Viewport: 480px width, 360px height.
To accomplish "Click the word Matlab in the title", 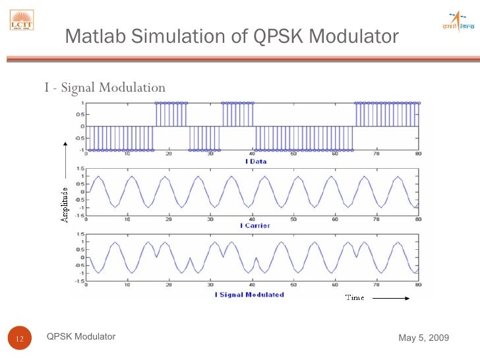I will tap(96, 36).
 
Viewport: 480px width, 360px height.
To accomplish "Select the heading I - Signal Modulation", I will tap(105, 88).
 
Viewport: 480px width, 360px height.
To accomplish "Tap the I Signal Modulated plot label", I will tap(249, 295).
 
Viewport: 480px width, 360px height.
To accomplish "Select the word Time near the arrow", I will tap(355, 298).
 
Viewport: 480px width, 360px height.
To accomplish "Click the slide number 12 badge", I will tap(19, 339).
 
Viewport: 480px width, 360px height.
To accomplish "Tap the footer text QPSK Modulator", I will tap(81, 337).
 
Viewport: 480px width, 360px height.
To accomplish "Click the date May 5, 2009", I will tap(424, 338).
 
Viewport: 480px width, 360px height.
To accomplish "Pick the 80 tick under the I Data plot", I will tap(418, 154).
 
